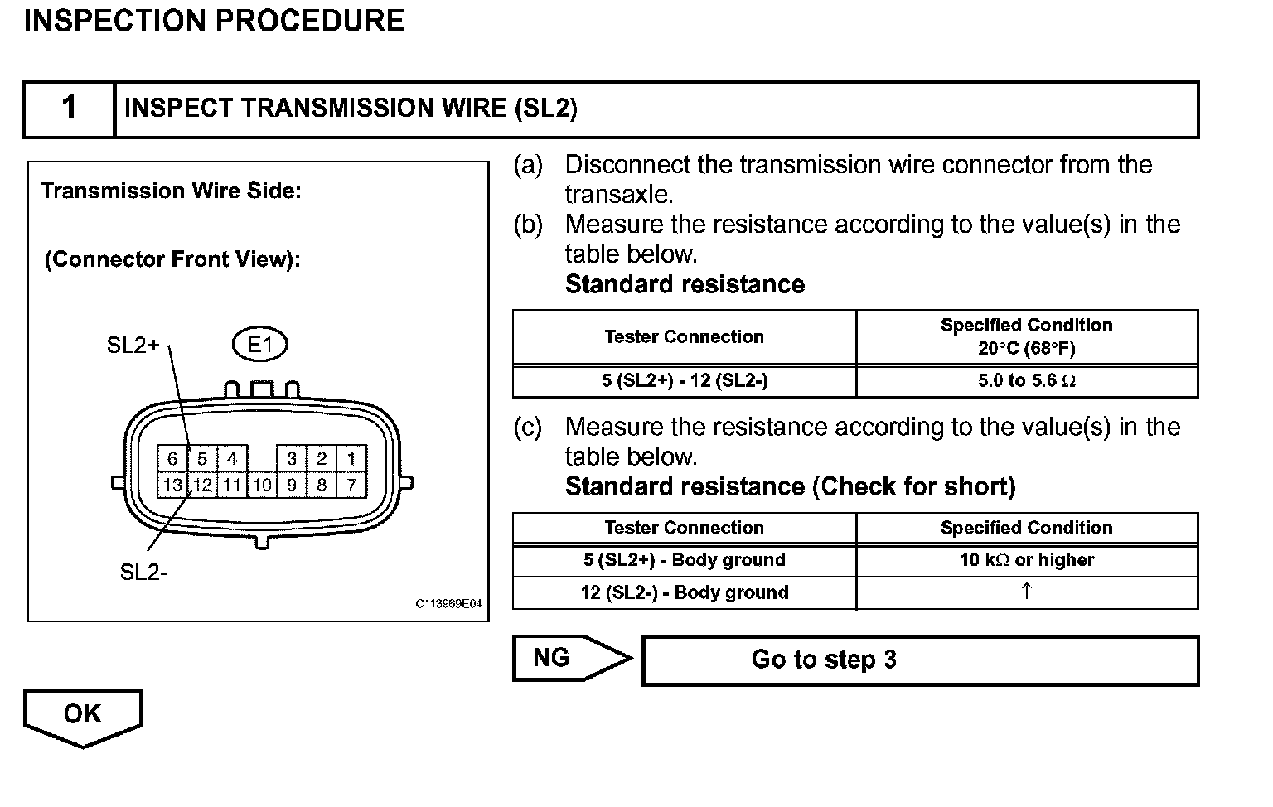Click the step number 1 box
[x=69, y=109]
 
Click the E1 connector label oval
[x=259, y=345]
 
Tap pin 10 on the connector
[x=262, y=485]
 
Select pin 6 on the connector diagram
[x=172, y=459]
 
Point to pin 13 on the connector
[x=172, y=485]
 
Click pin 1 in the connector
[x=351, y=459]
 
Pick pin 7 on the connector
[x=351, y=485]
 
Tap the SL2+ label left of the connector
[x=133, y=346]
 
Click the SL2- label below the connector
[x=143, y=573]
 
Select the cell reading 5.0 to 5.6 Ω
[x=1026, y=381]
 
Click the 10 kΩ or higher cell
[x=1026, y=560]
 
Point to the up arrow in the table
[x=1026, y=592]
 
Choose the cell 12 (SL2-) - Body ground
[x=685, y=592]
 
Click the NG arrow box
[x=564, y=659]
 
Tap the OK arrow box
[x=83, y=714]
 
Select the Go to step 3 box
[x=920, y=660]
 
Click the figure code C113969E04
[x=448, y=604]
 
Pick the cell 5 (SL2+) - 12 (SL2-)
[x=685, y=381]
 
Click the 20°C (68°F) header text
[x=1026, y=349]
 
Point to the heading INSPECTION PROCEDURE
[x=214, y=21]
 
